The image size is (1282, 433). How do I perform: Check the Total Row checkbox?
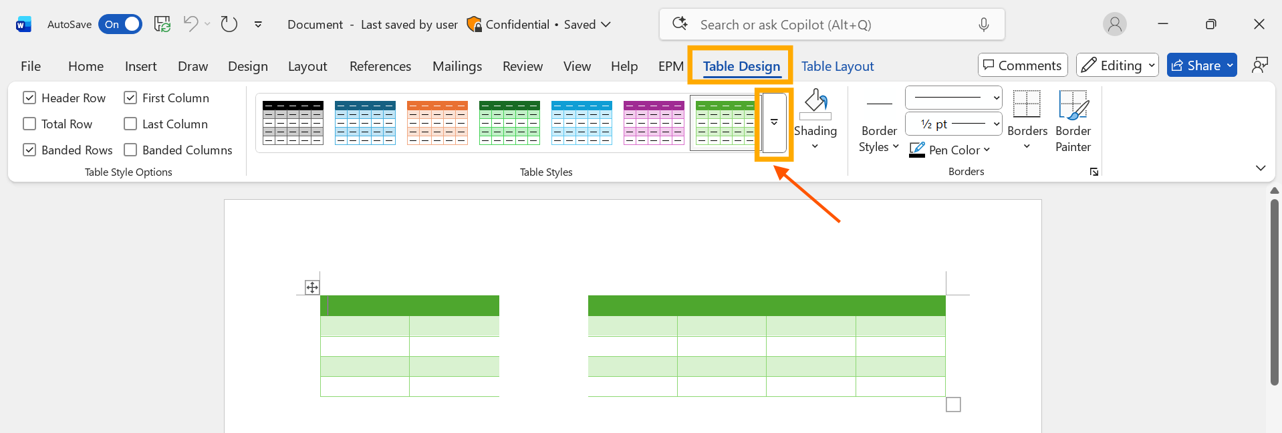coord(29,124)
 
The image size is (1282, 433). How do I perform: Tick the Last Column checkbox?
coord(130,124)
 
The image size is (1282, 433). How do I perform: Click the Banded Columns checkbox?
coord(130,150)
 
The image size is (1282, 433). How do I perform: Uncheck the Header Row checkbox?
coord(29,98)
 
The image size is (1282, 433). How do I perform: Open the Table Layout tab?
coord(837,66)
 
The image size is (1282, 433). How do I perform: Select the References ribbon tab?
coord(380,66)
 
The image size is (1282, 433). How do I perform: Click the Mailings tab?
coord(457,66)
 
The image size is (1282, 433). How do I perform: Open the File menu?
coord(31,66)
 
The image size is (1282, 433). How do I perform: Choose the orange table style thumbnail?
coord(437,122)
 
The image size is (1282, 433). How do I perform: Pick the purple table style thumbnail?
coord(654,122)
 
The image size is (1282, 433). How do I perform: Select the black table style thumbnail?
coord(293,122)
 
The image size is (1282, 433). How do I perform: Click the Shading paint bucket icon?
coord(815,104)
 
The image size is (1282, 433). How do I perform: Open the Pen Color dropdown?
coord(987,150)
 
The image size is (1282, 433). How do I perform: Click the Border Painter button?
coord(1073,120)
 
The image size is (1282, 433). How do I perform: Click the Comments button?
coord(1022,65)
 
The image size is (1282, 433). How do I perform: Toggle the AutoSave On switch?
coord(120,25)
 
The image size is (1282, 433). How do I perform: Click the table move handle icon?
coord(312,287)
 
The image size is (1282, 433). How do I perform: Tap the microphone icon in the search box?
coord(983,25)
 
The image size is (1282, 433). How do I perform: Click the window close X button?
coord(1259,25)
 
